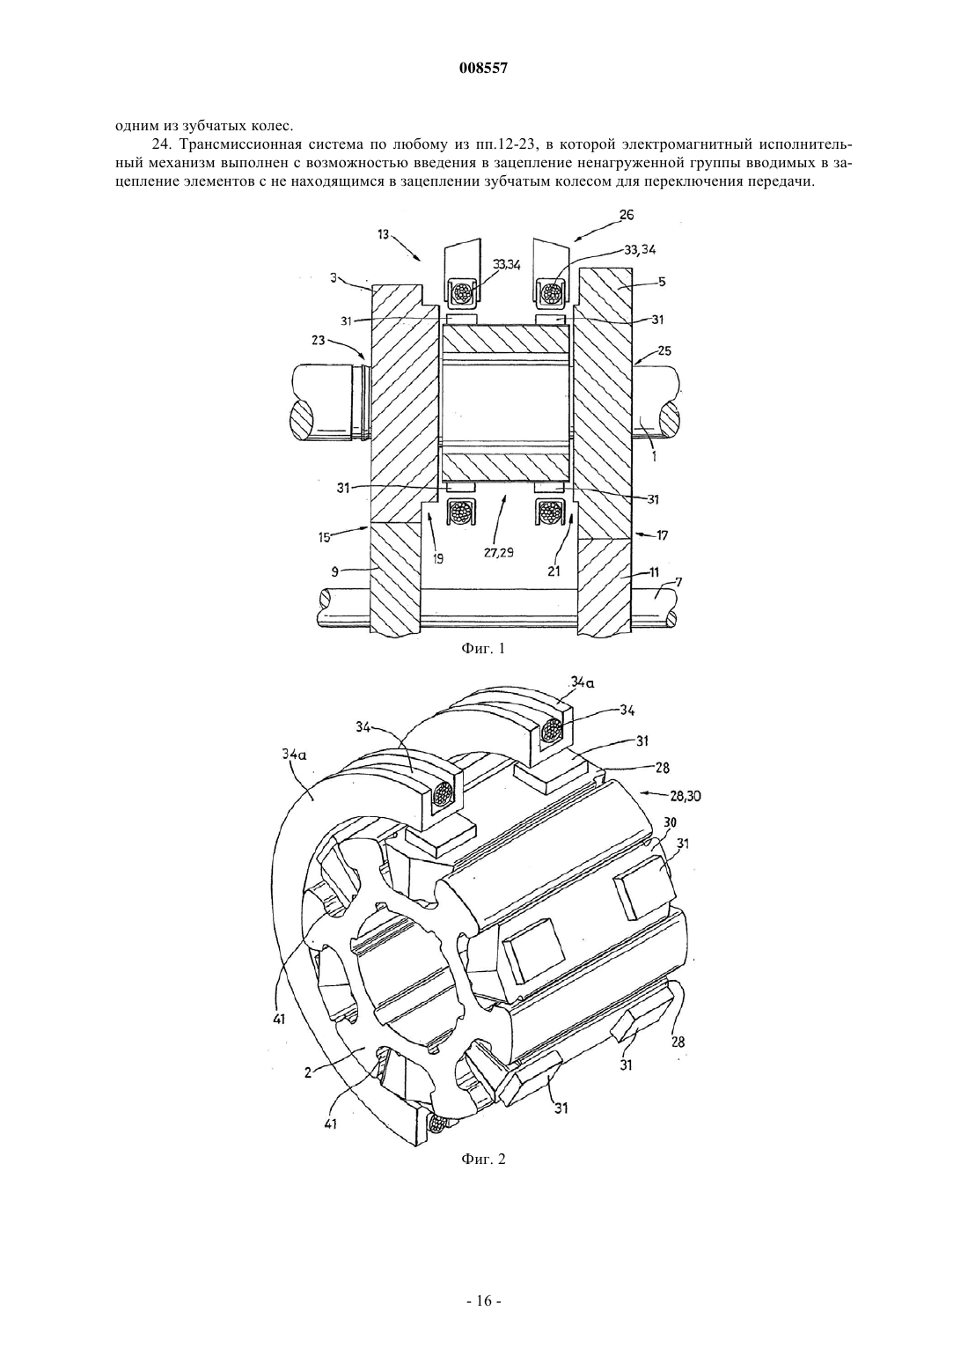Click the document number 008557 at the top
(x=483, y=69)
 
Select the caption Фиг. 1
(x=483, y=649)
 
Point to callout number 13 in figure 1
(x=383, y=235)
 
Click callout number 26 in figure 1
(x=627, y=215)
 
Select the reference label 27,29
(x=498, y=552)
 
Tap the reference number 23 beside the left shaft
(x=319, y=342)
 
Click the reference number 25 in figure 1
(x=664, y=350)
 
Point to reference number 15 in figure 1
(x=324, y=537)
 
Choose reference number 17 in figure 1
(x=663, y=535)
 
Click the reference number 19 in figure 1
(x=437, y=558)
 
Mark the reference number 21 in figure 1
(x=554, y=571)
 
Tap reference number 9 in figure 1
(x=334, y=572)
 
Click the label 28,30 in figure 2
(x=693, y=797)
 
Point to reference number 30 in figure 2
(x=671, y=822)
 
